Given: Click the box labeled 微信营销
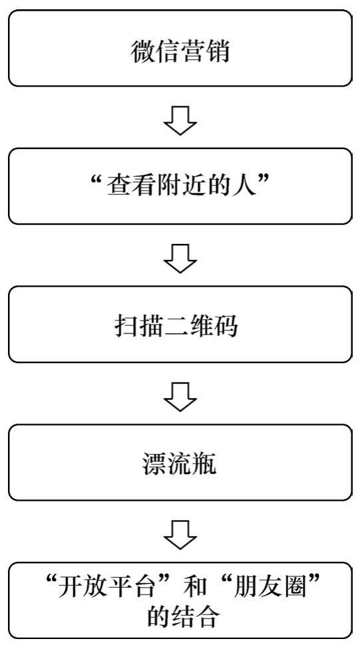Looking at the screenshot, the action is tap(180, 49).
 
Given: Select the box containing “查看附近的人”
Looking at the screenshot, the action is tap(180, 186).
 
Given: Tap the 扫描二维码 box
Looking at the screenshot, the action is tap(180, 324).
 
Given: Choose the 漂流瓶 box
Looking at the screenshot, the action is tap(180, 462).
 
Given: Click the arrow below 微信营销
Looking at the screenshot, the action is tap(180, 120).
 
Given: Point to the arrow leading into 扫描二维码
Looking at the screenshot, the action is tap(180, 258).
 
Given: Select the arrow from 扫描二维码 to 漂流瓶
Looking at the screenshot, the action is tap(180, 396).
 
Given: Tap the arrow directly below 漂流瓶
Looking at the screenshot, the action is tap(180, 535).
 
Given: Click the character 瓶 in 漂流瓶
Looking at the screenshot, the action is tap(205, 464).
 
